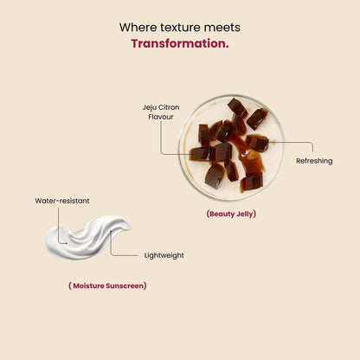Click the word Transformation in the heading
point(178,43)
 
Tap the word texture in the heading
point(180,28)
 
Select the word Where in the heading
point(138,28)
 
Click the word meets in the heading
point(222,28)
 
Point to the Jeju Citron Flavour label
point(161,112)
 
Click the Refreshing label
point(314,161)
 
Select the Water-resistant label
point(62,201)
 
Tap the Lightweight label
point(164,255)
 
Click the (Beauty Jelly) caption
point(231,214)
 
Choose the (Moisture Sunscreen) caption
point(107,286)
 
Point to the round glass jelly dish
point(231,148)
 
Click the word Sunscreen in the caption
point(126,286)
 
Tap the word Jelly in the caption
point(246,214)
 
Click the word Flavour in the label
point(161,117)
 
